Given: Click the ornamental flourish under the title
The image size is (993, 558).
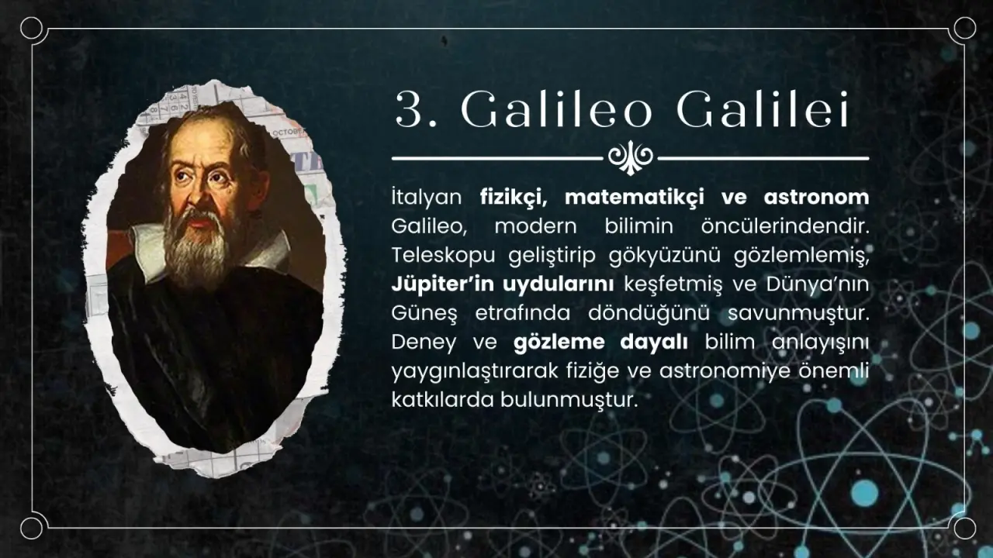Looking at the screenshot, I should [630, 157].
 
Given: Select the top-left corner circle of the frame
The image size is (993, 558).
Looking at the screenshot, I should [32, 29].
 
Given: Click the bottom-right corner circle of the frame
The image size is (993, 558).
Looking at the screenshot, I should [964, 529].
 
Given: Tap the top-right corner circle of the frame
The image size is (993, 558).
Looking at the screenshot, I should [964, 29].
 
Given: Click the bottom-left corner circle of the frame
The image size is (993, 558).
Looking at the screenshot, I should [32, 529].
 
